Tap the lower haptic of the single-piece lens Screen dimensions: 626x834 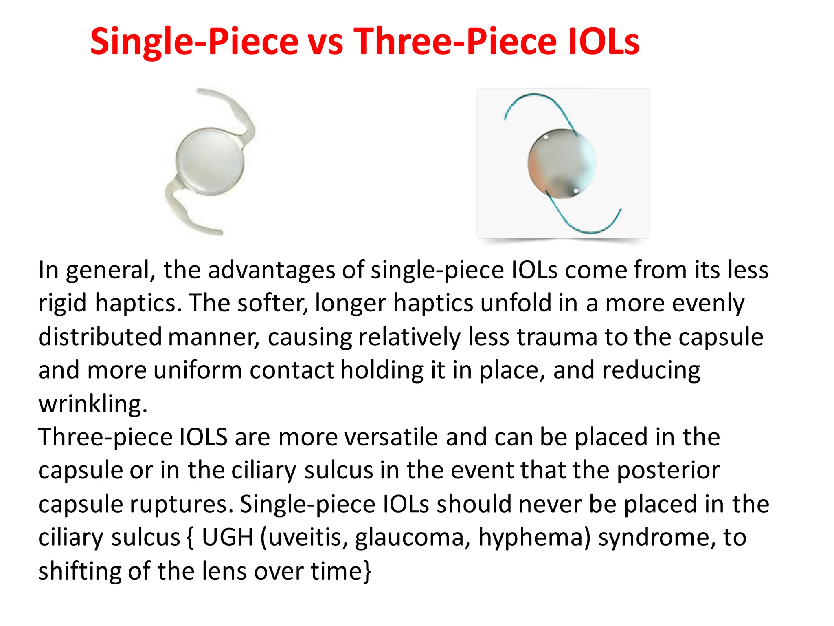183,212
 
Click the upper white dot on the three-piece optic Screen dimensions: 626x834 546,137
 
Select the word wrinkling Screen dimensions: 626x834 92,404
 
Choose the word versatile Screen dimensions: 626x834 391,437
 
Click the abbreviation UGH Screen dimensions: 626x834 228,538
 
